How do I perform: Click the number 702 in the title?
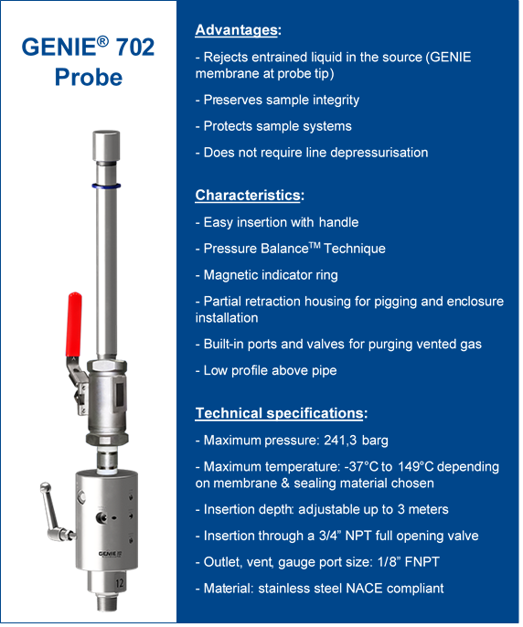135,48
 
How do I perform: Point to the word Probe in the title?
89,77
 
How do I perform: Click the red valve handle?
74,324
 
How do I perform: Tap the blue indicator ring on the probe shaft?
106,186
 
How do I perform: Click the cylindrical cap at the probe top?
106,145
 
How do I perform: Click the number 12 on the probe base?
119,583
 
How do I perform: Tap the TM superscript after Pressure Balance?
315,245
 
